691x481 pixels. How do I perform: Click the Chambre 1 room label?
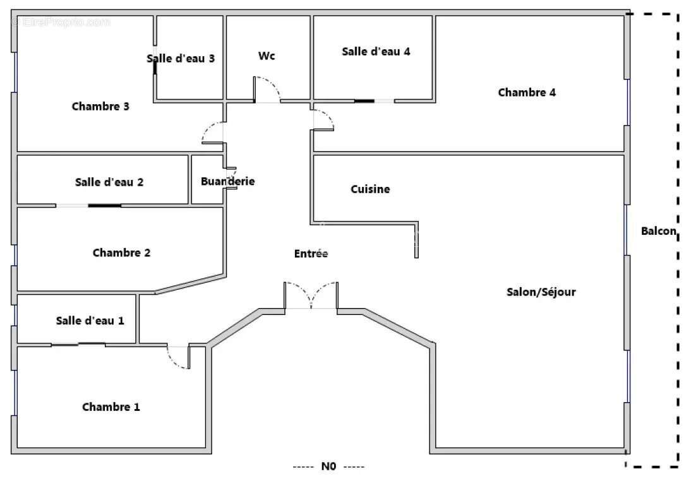111,407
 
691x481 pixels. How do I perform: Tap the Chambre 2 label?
121,253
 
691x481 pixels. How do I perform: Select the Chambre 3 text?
100,107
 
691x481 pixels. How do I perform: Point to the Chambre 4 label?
527,93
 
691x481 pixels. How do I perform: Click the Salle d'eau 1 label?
90,321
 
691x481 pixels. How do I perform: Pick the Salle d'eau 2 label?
109,182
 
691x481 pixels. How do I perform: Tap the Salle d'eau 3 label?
181,59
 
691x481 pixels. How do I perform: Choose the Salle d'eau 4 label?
376,52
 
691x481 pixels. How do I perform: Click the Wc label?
267,56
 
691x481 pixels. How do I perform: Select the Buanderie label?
227,182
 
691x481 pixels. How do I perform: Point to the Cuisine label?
370,189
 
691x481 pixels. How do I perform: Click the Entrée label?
311,254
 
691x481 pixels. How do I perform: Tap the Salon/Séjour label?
541,292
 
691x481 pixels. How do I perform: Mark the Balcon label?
659,232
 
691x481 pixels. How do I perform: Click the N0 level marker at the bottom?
328,467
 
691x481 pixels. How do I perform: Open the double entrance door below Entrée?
310,295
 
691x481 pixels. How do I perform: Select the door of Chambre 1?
178,357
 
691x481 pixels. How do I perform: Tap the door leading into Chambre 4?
323,119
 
